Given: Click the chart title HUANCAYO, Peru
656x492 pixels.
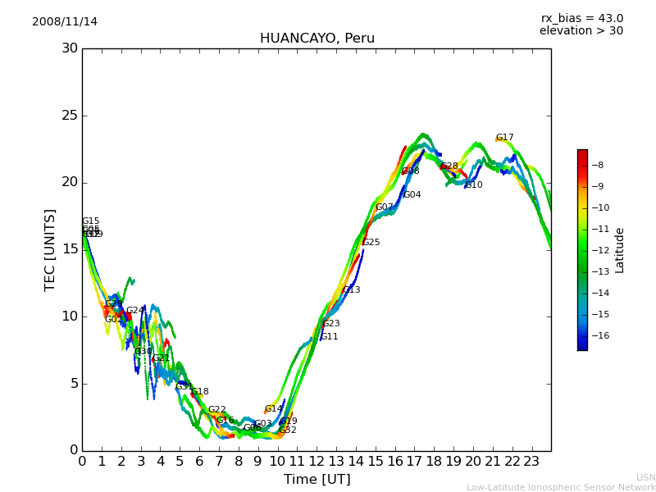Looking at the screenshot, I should (317, 39).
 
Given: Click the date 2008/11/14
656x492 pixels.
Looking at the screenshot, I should (65, 22).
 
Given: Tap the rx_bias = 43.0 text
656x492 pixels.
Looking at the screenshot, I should (581, 19).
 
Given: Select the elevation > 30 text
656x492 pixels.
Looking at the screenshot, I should (581, 31).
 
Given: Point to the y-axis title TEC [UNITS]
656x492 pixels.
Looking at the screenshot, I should (51, 249).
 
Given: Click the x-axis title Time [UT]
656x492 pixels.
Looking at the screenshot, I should (317, 479).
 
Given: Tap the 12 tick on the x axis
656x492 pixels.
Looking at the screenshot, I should (317, 461).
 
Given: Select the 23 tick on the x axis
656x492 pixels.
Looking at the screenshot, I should (531, 461).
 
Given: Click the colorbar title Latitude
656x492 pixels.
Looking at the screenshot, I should (620, 249).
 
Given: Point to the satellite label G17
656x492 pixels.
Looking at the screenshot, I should (504, 138).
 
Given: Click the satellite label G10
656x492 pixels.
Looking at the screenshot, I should (473, 185).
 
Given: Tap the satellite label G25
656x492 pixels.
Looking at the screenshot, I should (371, 243).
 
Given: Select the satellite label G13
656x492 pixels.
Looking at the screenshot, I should (351, 290).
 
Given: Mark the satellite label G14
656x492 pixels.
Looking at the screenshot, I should (273, 408).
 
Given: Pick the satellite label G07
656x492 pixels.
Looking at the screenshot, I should (385, 207).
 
